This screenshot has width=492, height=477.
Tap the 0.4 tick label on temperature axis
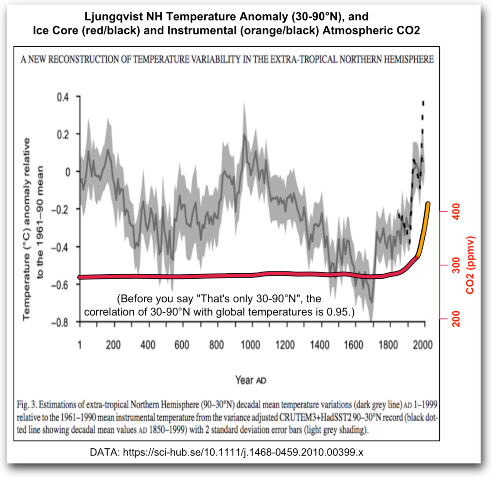(62, 97)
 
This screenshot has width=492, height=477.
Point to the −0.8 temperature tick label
(59, 323)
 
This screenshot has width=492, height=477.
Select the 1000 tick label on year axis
(250, 345)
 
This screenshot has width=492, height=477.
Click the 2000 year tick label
(422, 345)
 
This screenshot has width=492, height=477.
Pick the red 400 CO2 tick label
(456, 212)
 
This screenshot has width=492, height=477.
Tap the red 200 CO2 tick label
(456, 318)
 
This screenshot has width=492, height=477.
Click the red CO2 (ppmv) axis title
(470, 265)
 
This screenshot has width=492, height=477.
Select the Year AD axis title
(250, 380)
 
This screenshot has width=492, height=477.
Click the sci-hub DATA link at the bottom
(243, 452)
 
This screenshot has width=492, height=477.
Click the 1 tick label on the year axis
(80, 345)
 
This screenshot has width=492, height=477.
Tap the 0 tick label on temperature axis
(67, 172)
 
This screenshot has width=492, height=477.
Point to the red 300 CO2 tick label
(456, 265)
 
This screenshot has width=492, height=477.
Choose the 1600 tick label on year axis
(354, 345)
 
